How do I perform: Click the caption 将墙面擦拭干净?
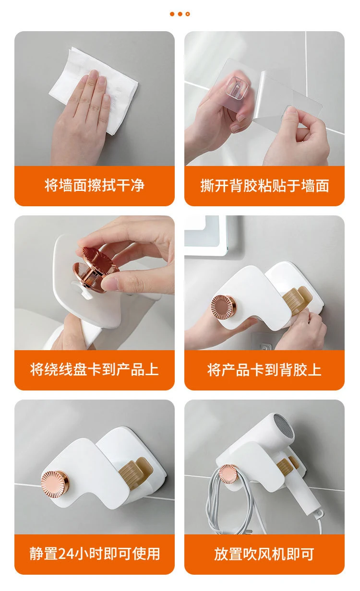point(94,185)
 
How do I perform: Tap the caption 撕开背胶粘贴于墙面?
point(264,186)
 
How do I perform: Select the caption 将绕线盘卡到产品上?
point(94,369)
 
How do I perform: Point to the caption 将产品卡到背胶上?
point(264,370)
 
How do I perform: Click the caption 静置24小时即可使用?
point(95,554)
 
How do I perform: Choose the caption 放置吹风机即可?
point(264,554)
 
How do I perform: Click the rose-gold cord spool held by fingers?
point(96,269)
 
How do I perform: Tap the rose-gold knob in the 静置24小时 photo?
point(54,483)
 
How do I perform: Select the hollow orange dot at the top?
point(188,14)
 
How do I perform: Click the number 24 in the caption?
point(65,554)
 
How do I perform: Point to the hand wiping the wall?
point(82,116)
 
